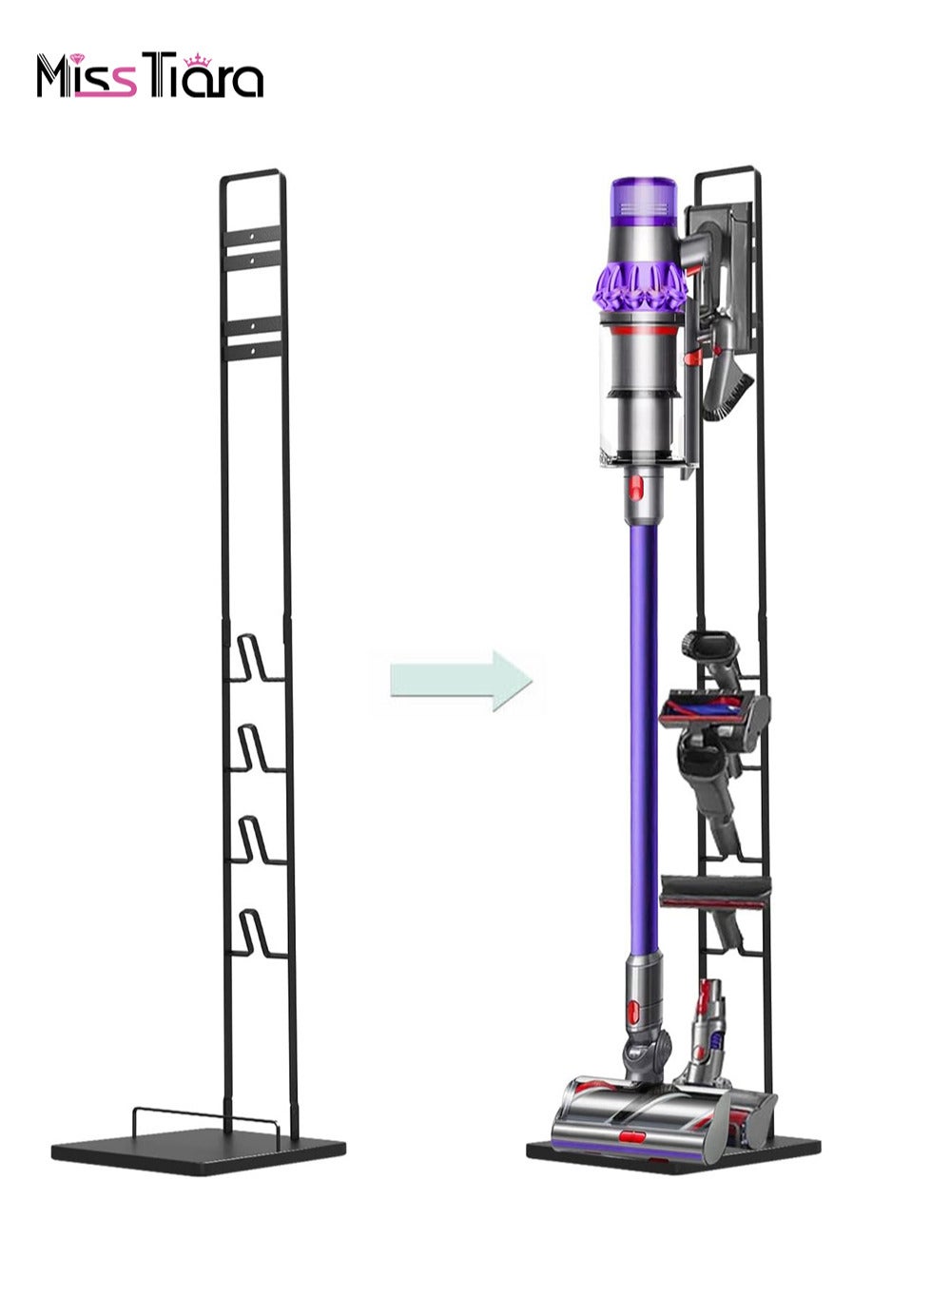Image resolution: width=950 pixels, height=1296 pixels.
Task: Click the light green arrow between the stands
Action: [x=461, y=681]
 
